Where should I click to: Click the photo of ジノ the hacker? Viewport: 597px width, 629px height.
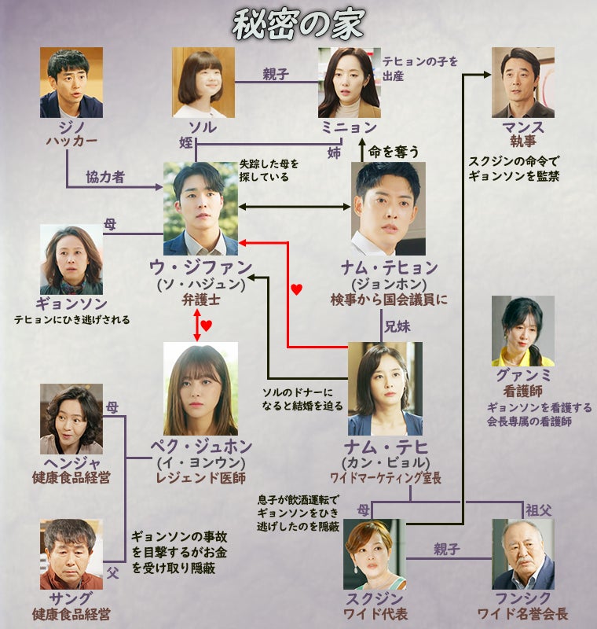coord(71,83)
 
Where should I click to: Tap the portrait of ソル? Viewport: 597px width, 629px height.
coord(203,83)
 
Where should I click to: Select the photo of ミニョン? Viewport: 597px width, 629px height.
coord(349,83)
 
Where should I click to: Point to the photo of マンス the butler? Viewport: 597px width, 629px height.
coord(522,83)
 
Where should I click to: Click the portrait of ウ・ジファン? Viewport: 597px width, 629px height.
coord(200,208)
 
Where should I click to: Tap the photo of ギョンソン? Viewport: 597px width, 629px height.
coord(71,259)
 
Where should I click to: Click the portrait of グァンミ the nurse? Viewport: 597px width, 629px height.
coord(522,331)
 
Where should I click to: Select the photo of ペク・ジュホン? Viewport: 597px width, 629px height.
coord(200,388)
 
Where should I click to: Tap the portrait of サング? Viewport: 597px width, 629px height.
coord(71,554)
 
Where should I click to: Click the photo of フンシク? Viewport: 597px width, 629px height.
coord(522,554)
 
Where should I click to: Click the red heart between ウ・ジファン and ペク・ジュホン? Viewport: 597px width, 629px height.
coord(206,324)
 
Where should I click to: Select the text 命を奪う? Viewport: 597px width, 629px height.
coord(394,151)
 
